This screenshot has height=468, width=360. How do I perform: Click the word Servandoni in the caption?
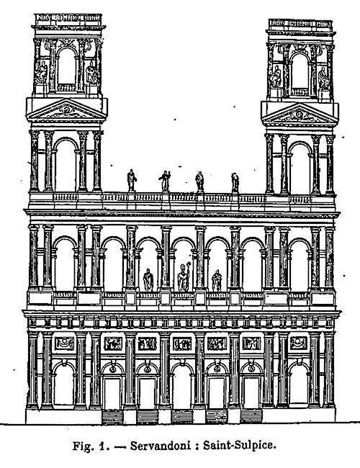(161, 446)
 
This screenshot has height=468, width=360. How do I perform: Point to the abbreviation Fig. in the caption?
(82, 446)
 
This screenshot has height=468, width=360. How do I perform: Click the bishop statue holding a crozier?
(184, 277)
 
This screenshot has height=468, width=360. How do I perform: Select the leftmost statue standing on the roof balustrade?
(131, 180)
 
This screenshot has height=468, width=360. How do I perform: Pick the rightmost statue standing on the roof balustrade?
(235, 182)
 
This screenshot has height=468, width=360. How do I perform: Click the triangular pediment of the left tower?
(66, 109)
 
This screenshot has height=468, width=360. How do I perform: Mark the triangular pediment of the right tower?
(300, 114)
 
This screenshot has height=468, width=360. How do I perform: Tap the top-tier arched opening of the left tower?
(66, 66)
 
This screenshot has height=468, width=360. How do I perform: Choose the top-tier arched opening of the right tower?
(300, 71)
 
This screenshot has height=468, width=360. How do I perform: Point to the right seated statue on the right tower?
(323, 78)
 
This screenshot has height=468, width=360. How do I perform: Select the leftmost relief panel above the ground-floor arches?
(64, 343)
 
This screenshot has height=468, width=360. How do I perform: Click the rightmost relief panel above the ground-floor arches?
(299, 343)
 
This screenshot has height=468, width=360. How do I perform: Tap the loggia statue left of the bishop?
(148, 280)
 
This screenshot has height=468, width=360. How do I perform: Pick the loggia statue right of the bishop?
(217, 281)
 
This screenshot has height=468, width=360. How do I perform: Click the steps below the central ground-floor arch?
(182, 417)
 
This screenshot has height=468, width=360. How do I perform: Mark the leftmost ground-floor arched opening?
(63, 384)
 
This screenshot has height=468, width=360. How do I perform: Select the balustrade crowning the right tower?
(300, 24)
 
